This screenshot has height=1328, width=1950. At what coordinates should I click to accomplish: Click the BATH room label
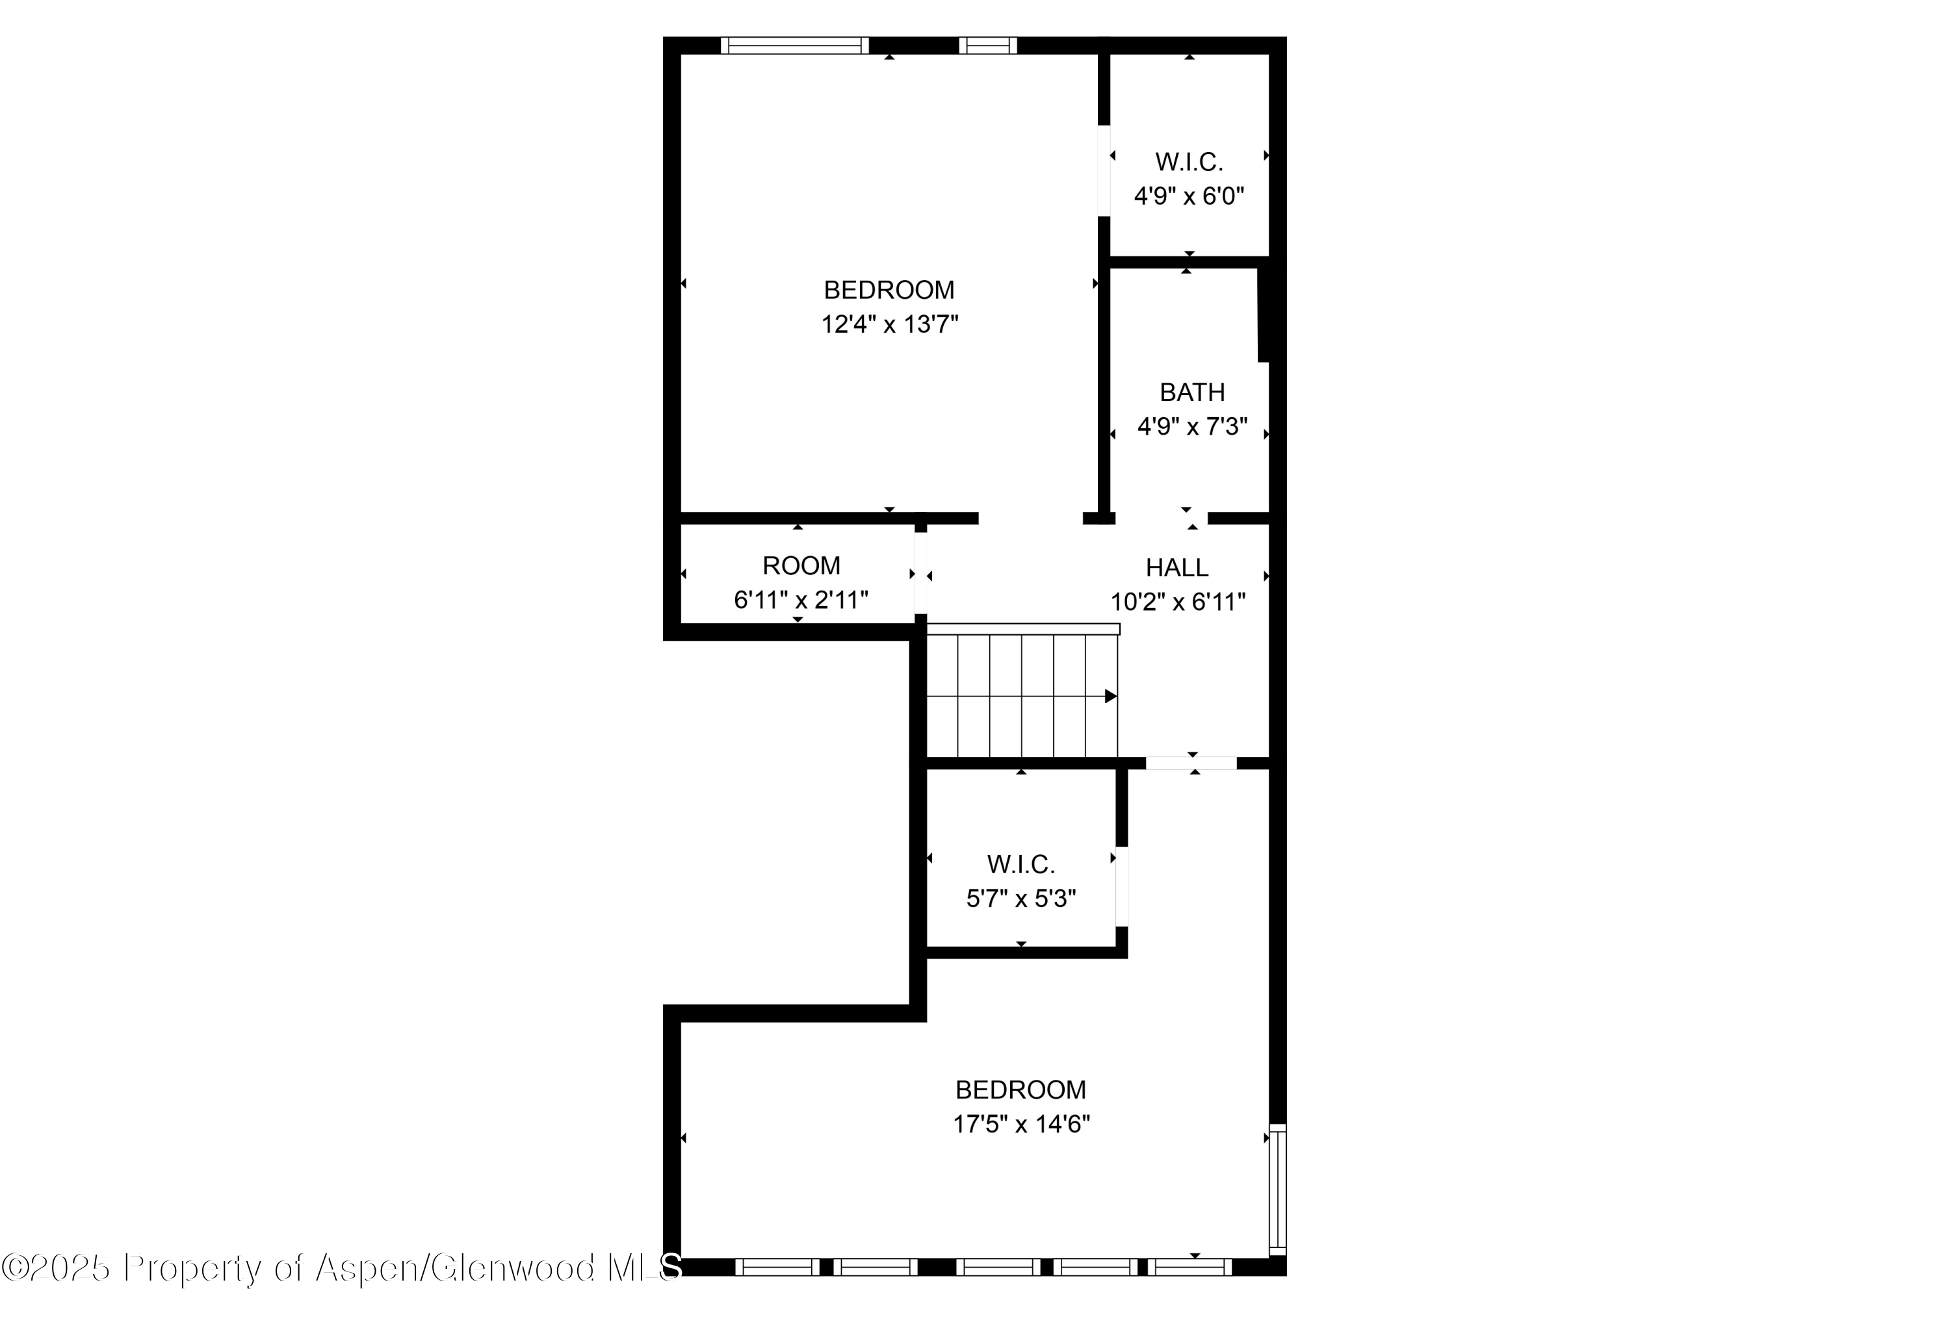pos(1191,392)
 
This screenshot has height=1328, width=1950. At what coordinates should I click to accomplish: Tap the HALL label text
pos(1176,568)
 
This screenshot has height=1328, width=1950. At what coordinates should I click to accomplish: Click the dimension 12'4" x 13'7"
pos(889,324)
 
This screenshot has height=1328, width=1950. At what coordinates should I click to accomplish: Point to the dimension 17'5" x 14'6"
pos(1020,1124)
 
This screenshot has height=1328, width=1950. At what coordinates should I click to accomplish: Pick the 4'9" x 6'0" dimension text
pos(1188,196)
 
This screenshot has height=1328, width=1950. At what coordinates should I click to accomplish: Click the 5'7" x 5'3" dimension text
pos(1020,899)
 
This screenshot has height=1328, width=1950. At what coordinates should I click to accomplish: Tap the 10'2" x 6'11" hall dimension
pos(1177,602)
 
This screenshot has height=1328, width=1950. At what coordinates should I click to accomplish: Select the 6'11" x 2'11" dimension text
pos(800,600)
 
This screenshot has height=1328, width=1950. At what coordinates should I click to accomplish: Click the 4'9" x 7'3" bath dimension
pos(1191,427)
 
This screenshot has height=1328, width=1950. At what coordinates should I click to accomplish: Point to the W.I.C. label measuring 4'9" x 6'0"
pos(1188,162)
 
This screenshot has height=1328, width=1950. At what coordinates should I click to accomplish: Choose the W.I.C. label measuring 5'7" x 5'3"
pos(1020,864)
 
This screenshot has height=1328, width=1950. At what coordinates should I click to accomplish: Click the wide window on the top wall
pos(794,45)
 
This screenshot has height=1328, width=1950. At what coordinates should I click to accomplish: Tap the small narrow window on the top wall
pos(987,45)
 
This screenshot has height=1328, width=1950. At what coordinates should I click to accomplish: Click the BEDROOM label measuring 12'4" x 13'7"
pos(889,290)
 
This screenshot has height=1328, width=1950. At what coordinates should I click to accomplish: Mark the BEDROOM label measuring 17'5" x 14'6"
pos(1020,1090)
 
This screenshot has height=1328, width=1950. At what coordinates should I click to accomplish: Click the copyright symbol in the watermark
pos(14,1268)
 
